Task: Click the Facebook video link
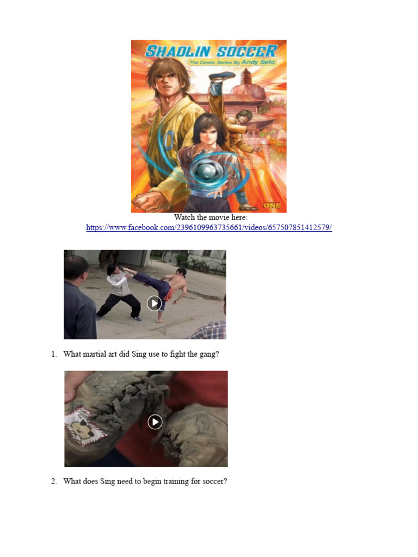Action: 209,227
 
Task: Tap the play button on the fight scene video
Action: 154,303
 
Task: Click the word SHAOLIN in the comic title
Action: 178,52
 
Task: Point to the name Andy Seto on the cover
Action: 258,62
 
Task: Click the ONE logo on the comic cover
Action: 272,205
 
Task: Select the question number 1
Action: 54,354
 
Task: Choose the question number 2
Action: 54,481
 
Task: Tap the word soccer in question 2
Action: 214,481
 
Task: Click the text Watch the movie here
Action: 211,217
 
